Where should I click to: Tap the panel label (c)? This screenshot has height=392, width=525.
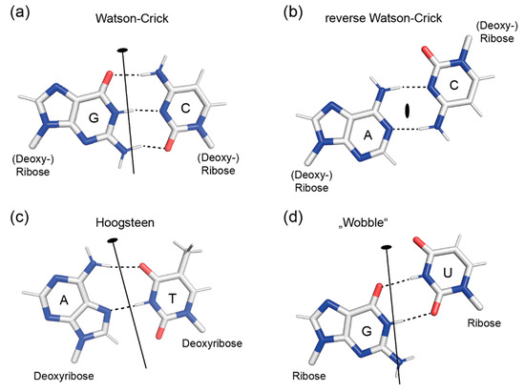tap(18, 213)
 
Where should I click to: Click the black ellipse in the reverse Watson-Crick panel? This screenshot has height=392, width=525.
tap(408, 111)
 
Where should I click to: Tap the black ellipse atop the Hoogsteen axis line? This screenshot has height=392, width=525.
tap(112, 240)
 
